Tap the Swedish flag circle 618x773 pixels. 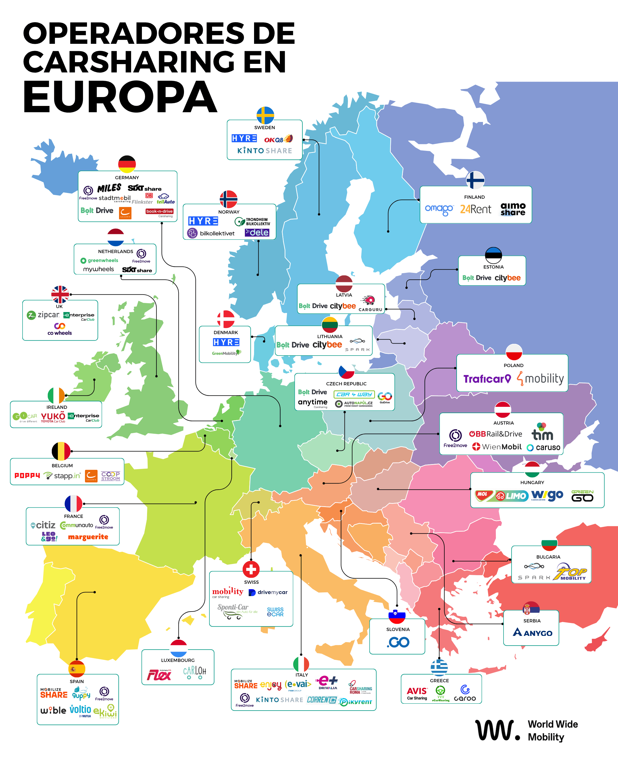(x=265, y=115)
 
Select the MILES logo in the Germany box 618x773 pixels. (x=109, y=188)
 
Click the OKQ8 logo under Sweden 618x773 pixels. (x=278, y=139)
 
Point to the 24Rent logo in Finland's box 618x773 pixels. (x=476, y=209)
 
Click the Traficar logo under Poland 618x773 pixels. (x=487, y=378)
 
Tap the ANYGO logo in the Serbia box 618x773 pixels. (x=532, y=632)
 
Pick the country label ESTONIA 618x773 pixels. (x=493, y=267)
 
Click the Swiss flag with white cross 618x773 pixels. (x=251, y=569)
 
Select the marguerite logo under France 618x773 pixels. (x=88, y=537)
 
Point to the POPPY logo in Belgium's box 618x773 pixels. (x=27, y=476)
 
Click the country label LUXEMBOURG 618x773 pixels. (x=178, y=660)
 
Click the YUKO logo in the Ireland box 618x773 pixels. (x=53, y=417)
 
